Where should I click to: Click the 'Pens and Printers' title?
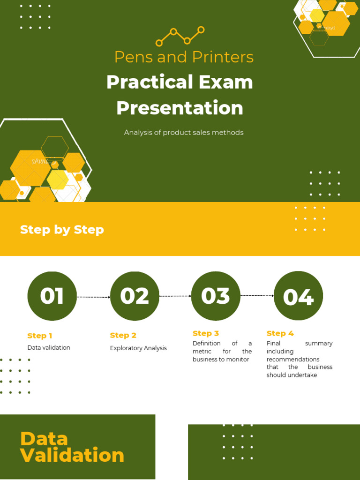click(x=184, y=57)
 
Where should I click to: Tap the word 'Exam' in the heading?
click(x=225, y=82)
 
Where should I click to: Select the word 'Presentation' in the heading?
click(x=180, y=108)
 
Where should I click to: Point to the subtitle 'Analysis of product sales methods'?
click(x=184, y=133)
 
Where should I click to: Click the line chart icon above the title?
click(x=180, y=36)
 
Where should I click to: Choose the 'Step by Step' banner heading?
click(x=62, y=230)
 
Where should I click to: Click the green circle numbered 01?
click(x=52, y=296)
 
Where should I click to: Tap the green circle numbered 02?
click(x=135, y=296)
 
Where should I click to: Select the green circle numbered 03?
click(x=216, y=296)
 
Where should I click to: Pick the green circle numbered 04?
click(x=298, y=296)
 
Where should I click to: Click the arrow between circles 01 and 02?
click(x=93, y=297)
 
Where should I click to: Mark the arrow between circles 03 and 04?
click(x=257, y=296)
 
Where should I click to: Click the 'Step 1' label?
click(x=40, y=336)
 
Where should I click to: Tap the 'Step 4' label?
click(x=280, y=333)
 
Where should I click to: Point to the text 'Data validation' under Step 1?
click(x=49, y=348)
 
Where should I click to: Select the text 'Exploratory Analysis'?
click(x=138, y=348)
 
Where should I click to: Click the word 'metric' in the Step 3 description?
click(x=202, y=352)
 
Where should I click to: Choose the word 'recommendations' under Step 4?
click(x=293, y=360)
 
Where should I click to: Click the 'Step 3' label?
click(x=206, y=333)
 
